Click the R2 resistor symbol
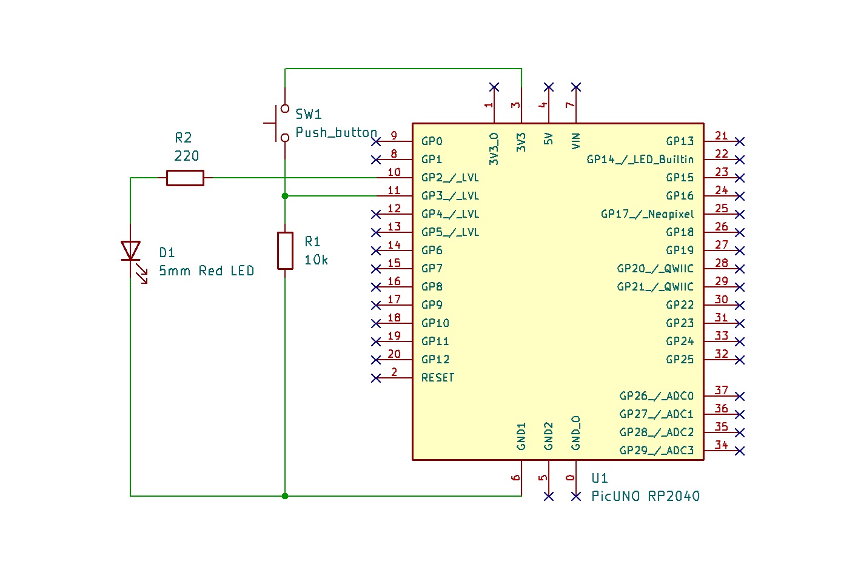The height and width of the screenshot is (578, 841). point(185,178)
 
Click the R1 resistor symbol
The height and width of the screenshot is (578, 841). point(285,250)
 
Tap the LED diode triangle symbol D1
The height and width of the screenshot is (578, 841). point(130,250)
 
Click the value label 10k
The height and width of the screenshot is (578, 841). point(316,260)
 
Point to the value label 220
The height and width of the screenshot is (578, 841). point(186,156)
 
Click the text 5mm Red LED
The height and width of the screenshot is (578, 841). point(206,271)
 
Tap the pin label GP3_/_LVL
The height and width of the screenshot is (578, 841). point(450,196)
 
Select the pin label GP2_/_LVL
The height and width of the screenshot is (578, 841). point(450,178)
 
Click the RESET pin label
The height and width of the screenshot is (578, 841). point(438,378)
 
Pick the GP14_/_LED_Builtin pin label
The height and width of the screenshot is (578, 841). point(640,160)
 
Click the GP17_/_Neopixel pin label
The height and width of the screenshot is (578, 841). point(647,214)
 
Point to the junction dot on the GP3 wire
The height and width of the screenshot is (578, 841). point(285,196)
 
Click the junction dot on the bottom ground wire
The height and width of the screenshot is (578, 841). point(285,496)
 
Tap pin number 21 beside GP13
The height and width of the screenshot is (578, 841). point(721,136)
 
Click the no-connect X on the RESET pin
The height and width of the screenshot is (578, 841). point(376,378)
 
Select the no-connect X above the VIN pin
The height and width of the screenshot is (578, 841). point(576,87)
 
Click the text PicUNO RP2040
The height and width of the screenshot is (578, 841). point(645,496)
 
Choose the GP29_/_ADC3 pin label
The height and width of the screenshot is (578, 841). point(656,451)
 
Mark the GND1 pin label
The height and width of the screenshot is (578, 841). point(521,436)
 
